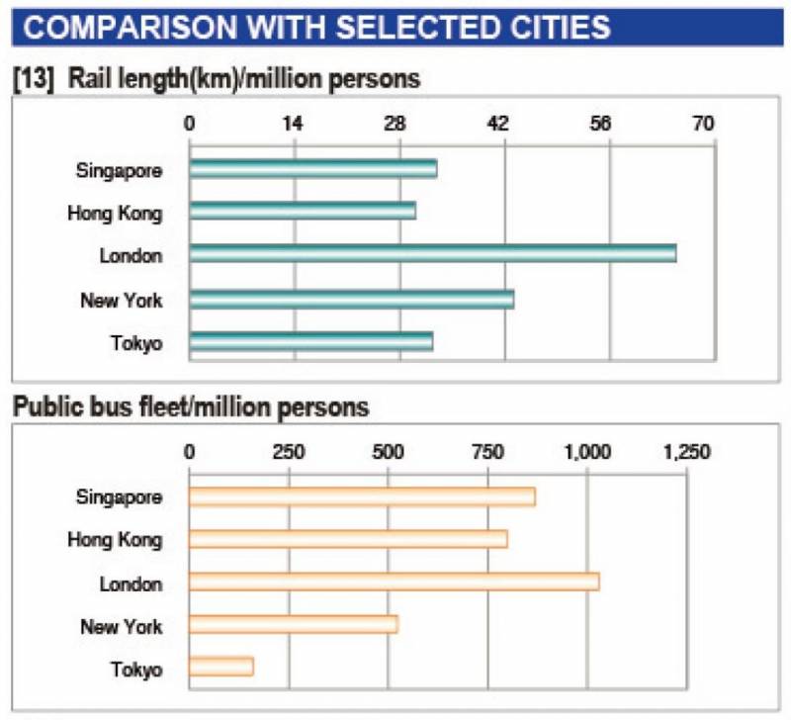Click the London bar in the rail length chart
coord(432,254)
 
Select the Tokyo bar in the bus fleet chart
coord(220,668)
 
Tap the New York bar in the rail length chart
coord(351,299)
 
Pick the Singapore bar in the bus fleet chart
coord(361,496)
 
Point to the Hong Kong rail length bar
coord(302,211)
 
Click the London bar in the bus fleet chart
coord(394,582)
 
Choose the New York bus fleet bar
coord(293,624)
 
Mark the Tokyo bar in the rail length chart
coord(310,342)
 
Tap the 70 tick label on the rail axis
coord(703,124)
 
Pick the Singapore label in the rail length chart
coord(119,169)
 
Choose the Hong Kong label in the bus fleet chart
coord(115,540)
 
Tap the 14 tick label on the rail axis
coord(293,124)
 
